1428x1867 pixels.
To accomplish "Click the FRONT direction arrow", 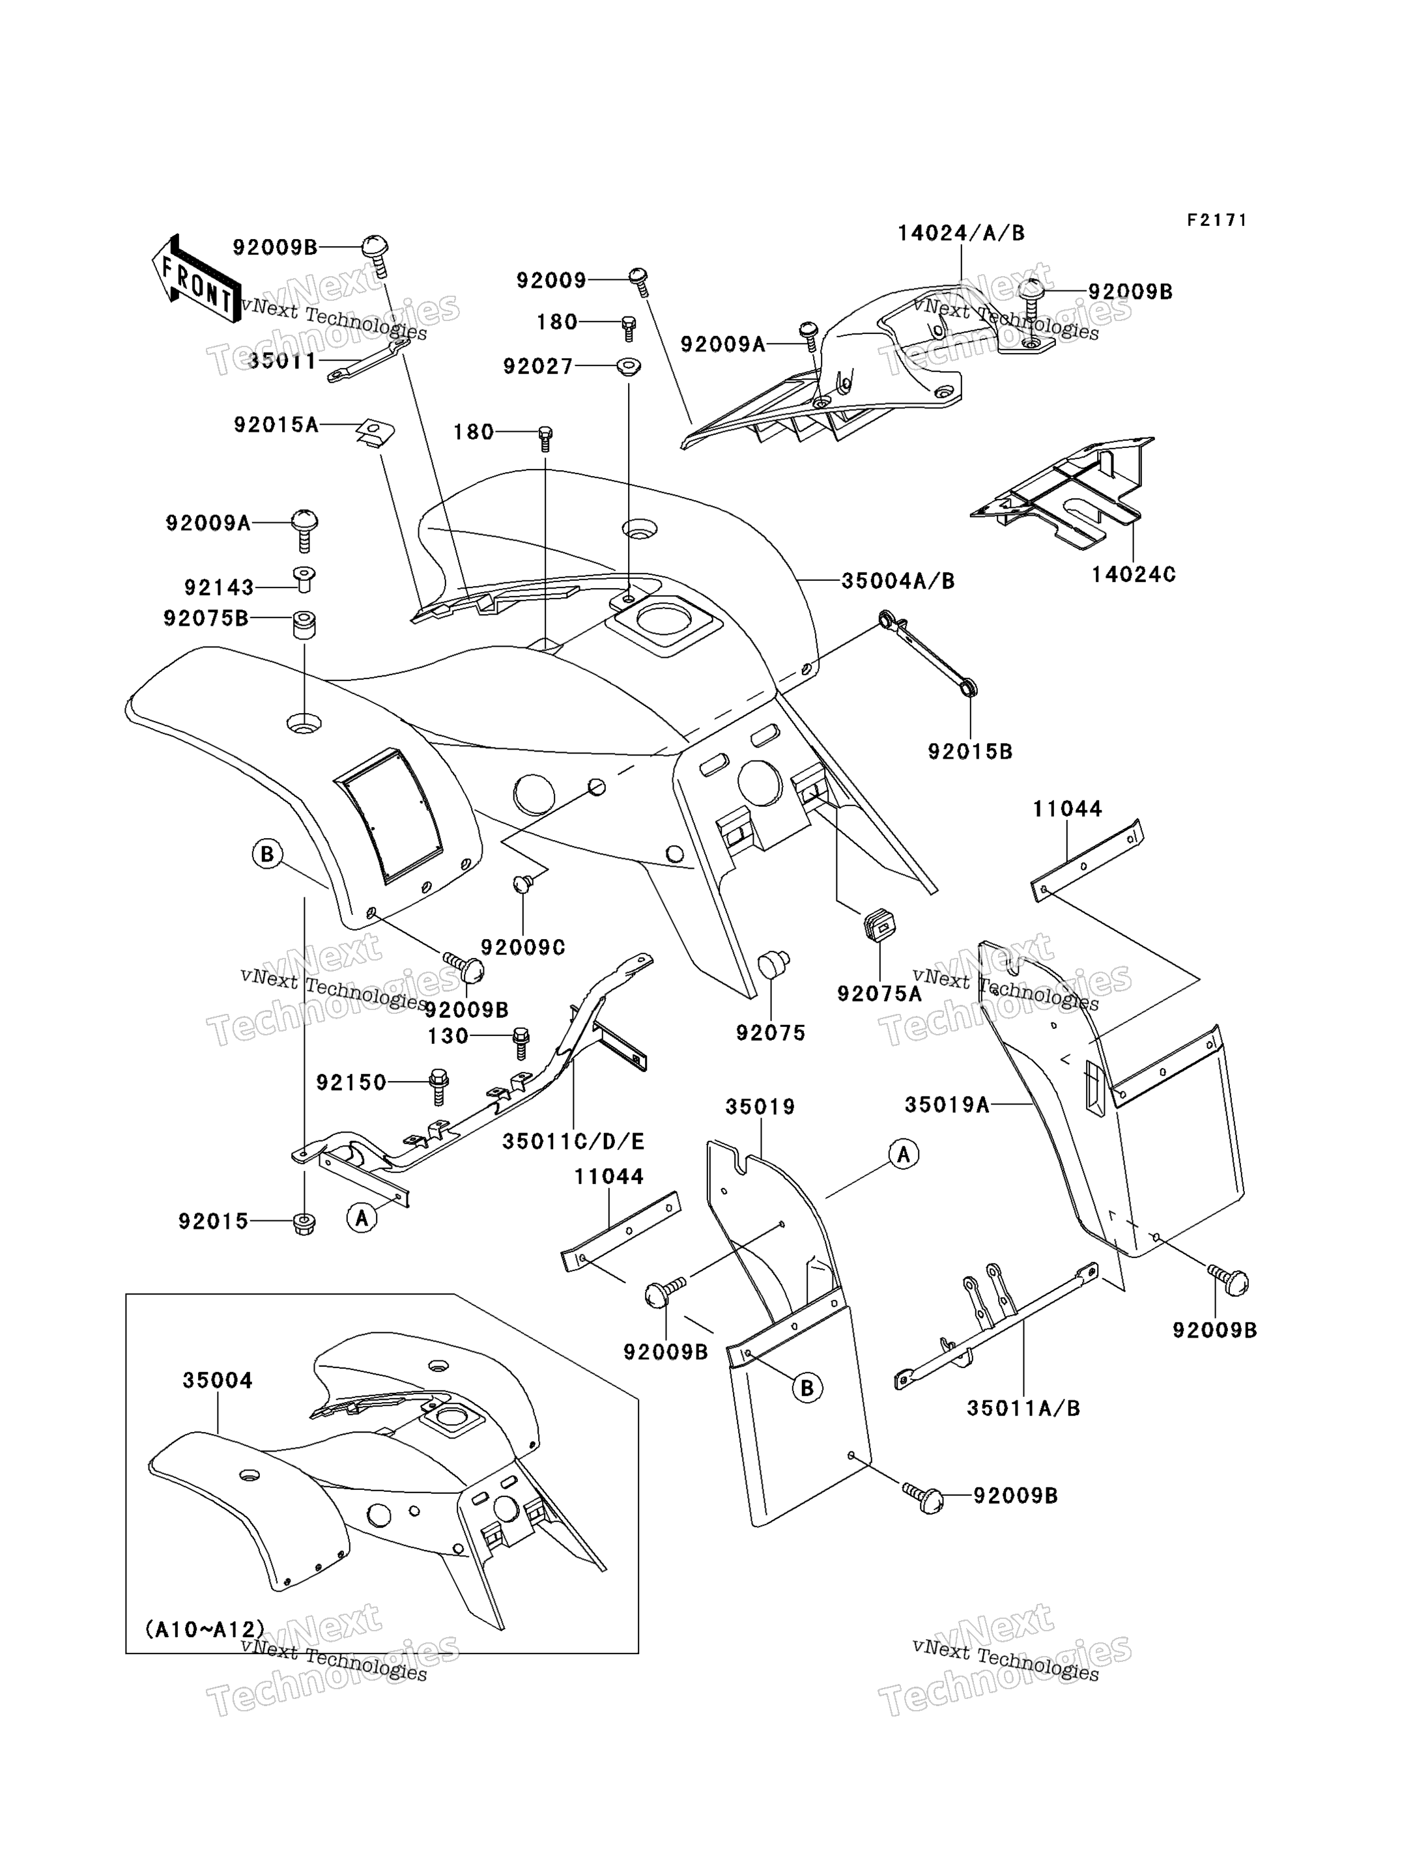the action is click(x=195, y=279).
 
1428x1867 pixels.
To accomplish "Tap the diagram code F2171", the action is click(x=1217, y=220).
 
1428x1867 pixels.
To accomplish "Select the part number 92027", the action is click(x=538, y=366).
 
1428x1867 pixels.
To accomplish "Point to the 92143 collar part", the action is click(x=304, y=579).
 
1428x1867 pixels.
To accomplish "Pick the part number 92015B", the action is click(x=970, y=752).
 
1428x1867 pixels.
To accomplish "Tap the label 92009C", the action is click(x=522, y=947).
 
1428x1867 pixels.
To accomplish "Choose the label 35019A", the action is click(x=947, y=1104).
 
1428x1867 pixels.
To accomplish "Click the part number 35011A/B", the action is click(x=1023, y=1408).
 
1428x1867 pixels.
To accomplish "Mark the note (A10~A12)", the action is click(x=205, y=1629).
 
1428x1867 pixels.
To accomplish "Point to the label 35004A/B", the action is click(x=898, y=582).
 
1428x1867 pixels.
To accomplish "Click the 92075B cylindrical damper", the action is click(x=305, y=625).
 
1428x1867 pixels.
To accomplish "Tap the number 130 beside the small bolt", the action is click(x=448, y=1036).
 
